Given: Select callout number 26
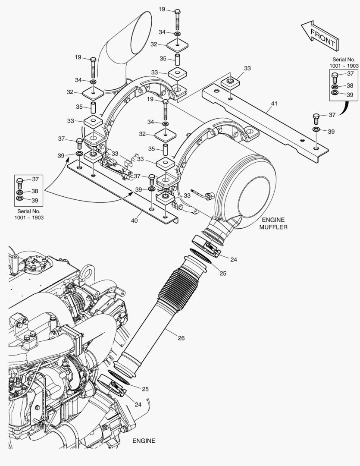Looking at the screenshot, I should click(181, 338).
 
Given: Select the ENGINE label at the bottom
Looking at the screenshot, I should click(144, 441).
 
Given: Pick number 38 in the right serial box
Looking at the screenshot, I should click(350, 85).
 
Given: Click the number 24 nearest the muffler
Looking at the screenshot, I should click(234, 260).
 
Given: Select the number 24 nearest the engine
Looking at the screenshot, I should click(138, 404).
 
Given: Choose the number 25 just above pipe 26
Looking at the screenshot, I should click(223, 273).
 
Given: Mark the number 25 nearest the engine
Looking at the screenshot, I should click(145, 389).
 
